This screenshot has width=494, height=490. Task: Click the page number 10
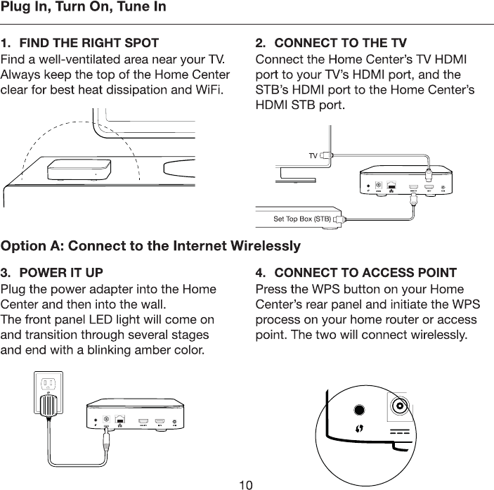click(246, 484)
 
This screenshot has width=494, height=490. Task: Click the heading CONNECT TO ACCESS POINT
click(364, 273)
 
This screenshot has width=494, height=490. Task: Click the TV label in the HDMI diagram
click(313, 155)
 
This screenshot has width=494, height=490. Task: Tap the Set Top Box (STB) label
click(301, 219)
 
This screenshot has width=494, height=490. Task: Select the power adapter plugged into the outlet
click(50, 406)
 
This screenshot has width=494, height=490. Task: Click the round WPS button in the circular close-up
click(360, 410)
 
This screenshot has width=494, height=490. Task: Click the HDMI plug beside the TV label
click(325, 155)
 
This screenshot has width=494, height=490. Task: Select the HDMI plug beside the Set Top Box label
click(340, 219)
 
